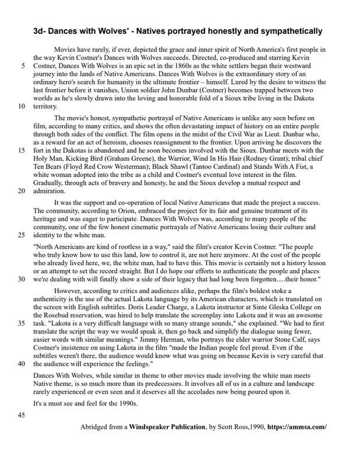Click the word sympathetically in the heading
coord(284,30)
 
